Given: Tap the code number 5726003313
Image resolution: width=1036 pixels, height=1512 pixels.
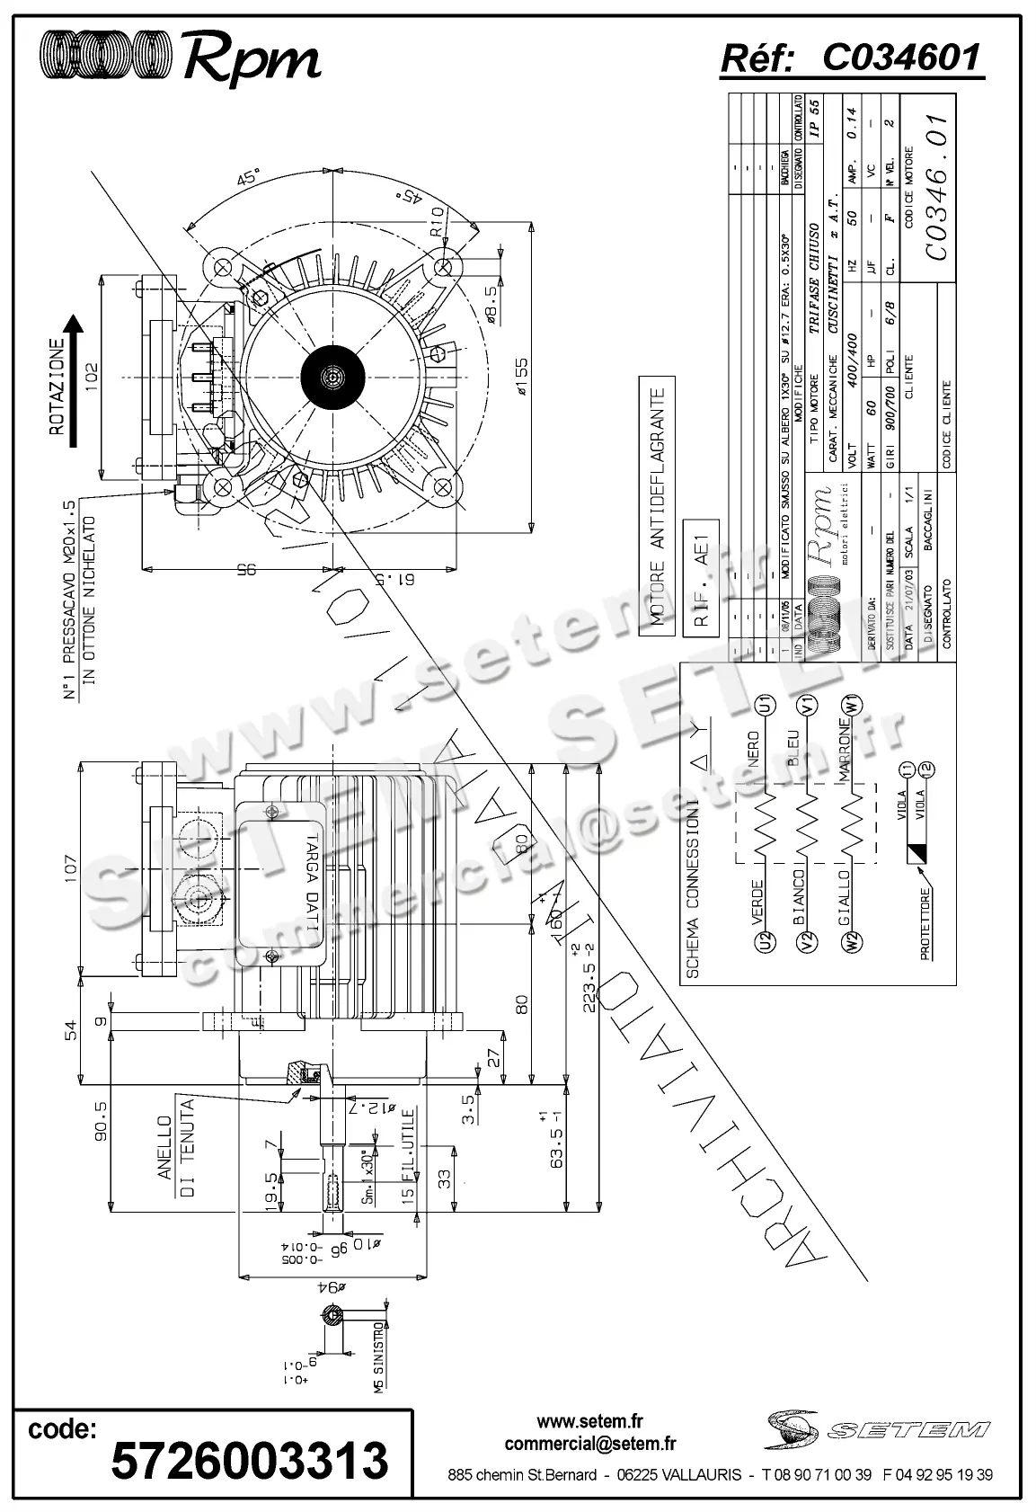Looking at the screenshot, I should (x=250, y=1460).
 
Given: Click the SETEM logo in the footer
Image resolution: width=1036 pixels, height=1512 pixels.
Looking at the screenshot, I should (x=877, y=1428).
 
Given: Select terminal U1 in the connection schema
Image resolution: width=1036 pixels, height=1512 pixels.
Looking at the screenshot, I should (x=766, y=705).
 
